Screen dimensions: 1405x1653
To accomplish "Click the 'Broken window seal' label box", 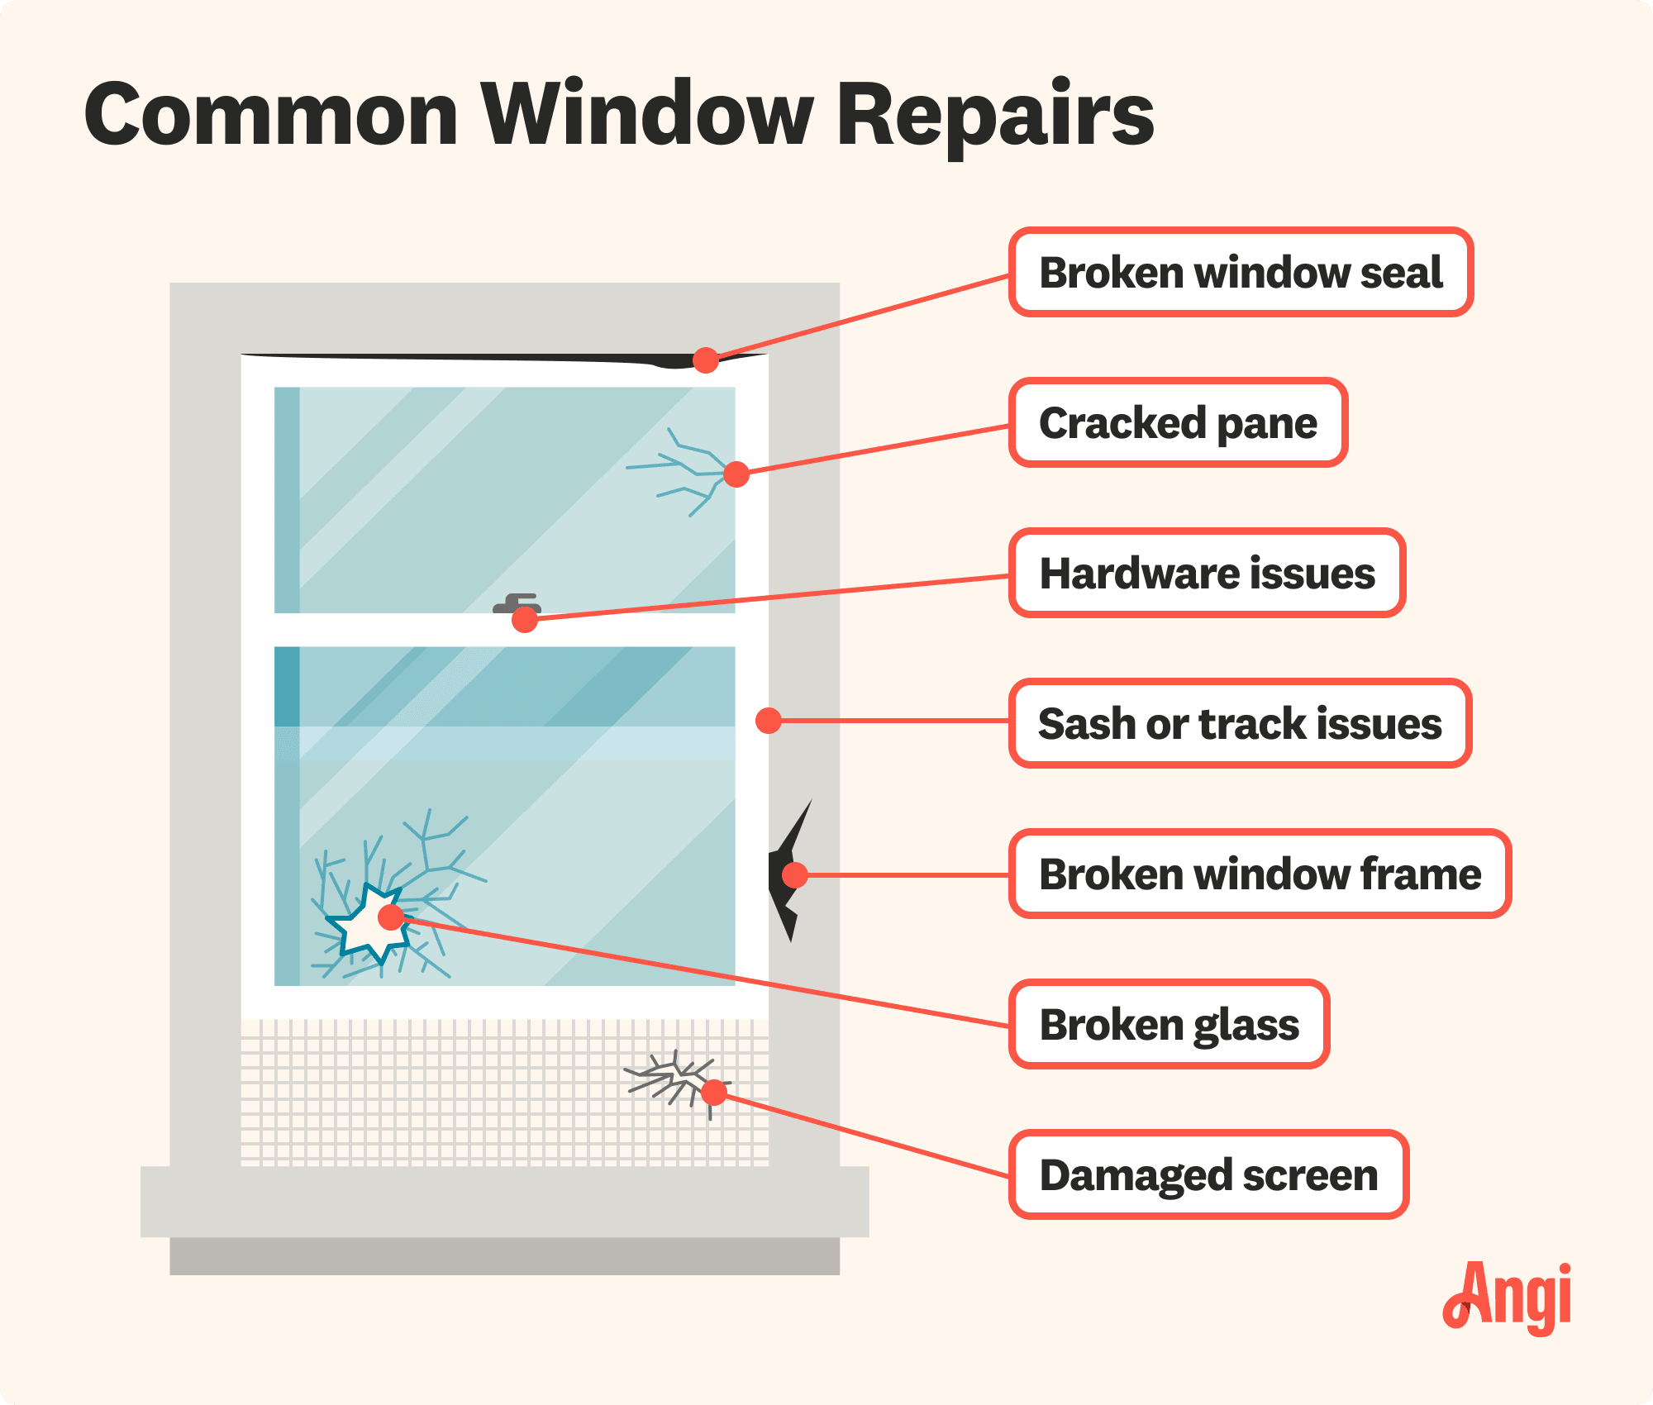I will pos(1240,273).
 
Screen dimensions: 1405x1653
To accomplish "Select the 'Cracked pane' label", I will pos(1178,423).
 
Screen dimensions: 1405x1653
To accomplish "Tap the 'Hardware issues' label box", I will pos(1207,574).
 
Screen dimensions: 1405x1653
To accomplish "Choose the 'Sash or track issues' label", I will pos(1240,724).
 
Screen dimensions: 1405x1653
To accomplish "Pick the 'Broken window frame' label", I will pos(1260,874).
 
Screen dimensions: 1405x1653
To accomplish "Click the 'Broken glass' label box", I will pos(1169,1025).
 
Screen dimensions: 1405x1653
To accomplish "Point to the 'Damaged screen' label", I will pos(1208,1175).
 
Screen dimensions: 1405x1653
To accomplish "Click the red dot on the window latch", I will pos(525,619).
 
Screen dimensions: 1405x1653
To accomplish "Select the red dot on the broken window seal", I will pos(705,360).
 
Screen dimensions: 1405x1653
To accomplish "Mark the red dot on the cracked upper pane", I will pos(736,474).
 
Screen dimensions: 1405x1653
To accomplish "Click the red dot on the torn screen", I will pos(714,1093).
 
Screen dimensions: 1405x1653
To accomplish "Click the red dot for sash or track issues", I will pos(769,721).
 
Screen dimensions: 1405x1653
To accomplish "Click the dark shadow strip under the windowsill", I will pos(504,1256).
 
